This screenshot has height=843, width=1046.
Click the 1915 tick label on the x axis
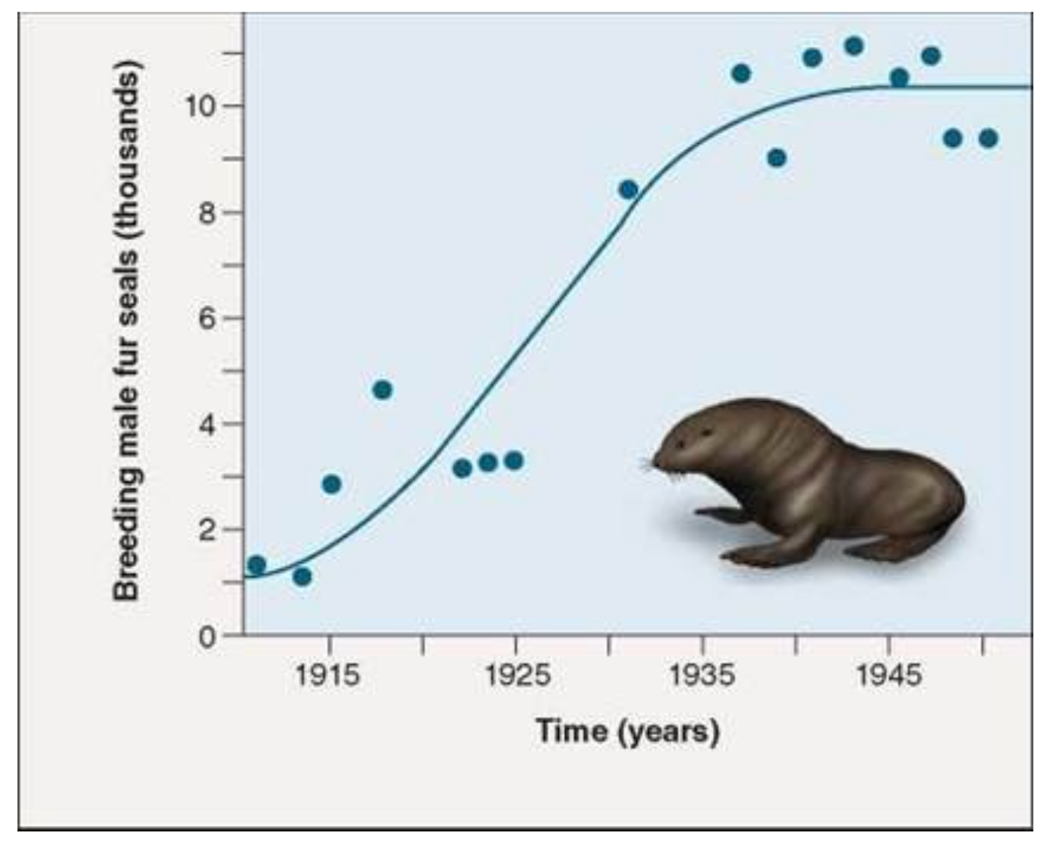pyautogui.click(x=328, y=673)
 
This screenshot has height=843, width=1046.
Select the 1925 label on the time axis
pyautogui.click(x=515, y=673)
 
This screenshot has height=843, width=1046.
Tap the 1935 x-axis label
pyautogui.click(x=701, y=673)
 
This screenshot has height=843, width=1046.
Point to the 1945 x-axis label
pyautogui.click(x=888, y=673)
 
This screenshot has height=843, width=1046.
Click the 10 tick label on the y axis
pyautogui.click(x=201, y=106)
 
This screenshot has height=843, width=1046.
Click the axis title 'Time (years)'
pyautogui.click(x=627, y=732)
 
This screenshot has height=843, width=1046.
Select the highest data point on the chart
pyautogui.click(x=854, y=46)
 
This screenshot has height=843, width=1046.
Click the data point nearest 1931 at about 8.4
pyautogui.click(x=628, y=190)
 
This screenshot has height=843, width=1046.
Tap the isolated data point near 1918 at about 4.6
pyautogui.click(x=382, y=389)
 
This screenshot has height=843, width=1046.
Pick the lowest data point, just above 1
pyautogui.click(x=303, y=577)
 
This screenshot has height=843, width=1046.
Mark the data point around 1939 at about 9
pyautogui.click(x=776, y=158)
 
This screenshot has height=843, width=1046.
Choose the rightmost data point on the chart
pyautogui.click(x=988, y=138)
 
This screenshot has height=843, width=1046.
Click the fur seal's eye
pyautogui.click(x=681, y=443)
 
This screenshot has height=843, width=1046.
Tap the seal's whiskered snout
pyautogui.click(x=655, y=463)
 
